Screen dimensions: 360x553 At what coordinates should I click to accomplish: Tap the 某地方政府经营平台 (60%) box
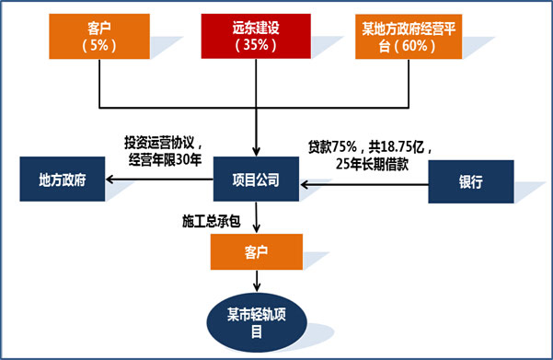411,37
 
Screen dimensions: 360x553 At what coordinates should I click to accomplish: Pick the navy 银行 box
470,182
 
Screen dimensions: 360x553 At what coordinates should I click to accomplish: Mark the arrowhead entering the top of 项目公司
255,150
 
